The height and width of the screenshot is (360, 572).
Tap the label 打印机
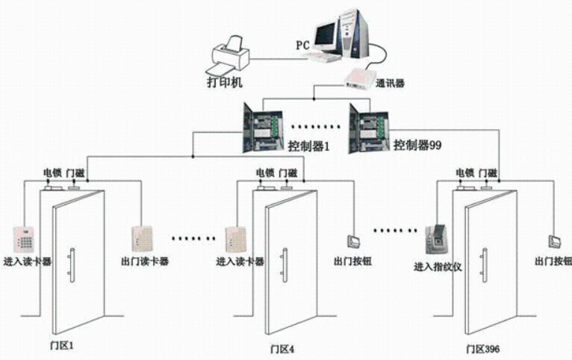click(223, 79)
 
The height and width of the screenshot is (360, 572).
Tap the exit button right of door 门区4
click(353, 240)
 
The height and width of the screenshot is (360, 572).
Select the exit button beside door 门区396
click(554, 240)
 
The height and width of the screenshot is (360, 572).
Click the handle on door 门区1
click(69, 265)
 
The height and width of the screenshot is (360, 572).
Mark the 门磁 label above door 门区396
click(488, 173)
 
